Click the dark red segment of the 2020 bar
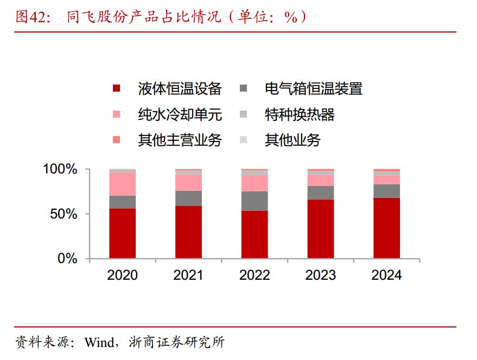coord(123,234)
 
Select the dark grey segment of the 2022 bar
coord(255,201)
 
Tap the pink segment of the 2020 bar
coord(123,184)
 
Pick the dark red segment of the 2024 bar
coord(386,228)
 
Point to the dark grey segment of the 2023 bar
coord(321,193)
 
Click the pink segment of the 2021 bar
coord(188,183)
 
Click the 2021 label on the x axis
coord(188,275)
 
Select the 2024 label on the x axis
coord(386,275)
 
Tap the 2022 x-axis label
coord(255,275)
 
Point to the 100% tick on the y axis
coord(60,170)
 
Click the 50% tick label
coord(64,214)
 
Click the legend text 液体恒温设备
coord(180,89)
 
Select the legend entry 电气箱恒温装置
coord(313,89)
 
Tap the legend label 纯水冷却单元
coord(180,114)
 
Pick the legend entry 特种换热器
coord(300,114)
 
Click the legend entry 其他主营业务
coord(180,140)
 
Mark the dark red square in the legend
coord(116,89)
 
